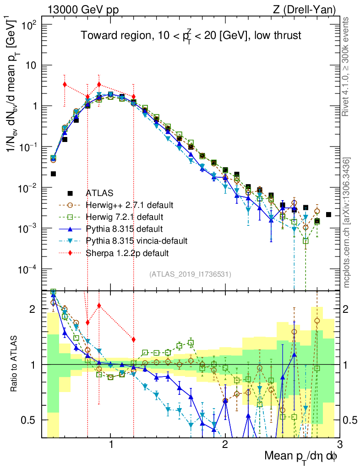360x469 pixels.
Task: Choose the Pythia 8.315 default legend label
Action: pyautogui.click(x=124, y=228)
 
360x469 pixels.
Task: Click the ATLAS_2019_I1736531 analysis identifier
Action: pyautogui.click(x=190, y=274)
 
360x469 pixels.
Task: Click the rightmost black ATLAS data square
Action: pyautogui.click(x=328, y=214)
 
